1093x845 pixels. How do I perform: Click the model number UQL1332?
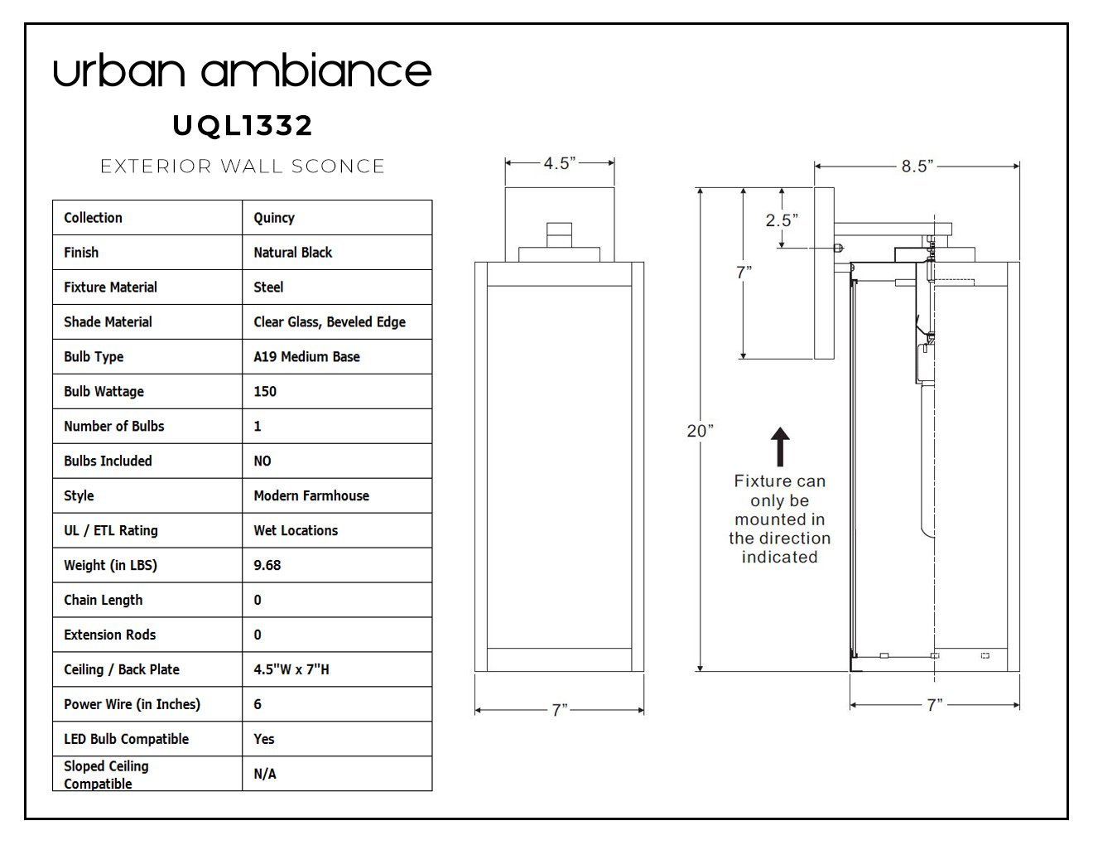[243, 125]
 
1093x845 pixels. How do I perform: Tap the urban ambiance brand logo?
[243, 70]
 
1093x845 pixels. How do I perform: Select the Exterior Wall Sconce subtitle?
[243, 166]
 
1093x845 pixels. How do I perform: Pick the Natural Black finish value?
[293, 252]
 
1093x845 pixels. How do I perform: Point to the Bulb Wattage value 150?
[265, 392]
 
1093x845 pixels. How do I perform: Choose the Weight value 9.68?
[267, 565]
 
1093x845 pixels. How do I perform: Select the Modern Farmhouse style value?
[311, 495]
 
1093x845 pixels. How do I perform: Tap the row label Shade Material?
[108, 322]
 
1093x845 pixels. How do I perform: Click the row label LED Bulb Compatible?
[126, 739]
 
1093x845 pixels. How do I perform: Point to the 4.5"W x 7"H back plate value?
[291, 669]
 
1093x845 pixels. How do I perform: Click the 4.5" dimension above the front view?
[559, 163]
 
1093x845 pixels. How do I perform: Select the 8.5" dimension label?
[917, 166]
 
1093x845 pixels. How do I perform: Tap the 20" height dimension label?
[701, 431]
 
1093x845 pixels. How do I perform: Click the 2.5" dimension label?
[782, 220]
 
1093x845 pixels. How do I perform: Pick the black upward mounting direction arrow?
[780, 447]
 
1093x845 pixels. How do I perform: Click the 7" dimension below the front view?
[559, 710]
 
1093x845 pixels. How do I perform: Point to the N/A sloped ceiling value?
[265, 774]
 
